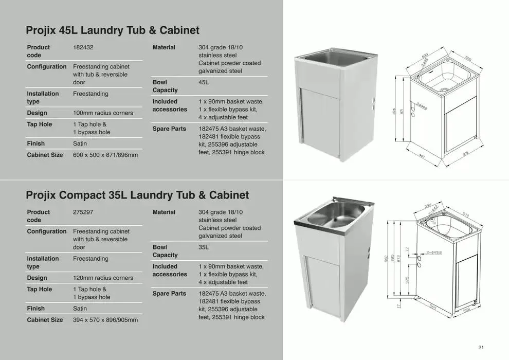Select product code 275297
(x=83, y=212)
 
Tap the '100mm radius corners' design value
(x=103, y=113)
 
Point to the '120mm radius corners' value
(x=103, y=278)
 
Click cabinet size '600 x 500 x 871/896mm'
(x=105, y=155)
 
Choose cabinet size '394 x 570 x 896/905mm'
(x=105, y=320)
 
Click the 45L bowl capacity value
(x=204, y=82)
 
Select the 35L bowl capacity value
(x=204, y=247)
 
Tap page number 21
(x=481, y=347)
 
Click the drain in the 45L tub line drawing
(x=443, y=89)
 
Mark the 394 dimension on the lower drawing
(x=427, y=207)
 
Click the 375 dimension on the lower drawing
(x=406, y=281)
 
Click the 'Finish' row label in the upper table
(x=36, y=143)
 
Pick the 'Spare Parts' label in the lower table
(x=169, y=294)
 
